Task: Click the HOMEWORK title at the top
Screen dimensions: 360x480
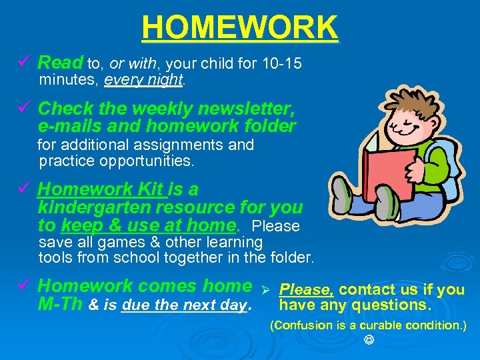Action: pos(240,28)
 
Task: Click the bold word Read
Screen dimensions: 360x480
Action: pos(60,63)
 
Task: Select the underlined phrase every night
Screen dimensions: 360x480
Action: pos(143,80)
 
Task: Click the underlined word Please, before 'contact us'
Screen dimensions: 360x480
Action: pos(307,289)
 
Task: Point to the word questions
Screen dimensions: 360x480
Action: pos(396,305)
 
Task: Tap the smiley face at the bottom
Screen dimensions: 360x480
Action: pos(368,341)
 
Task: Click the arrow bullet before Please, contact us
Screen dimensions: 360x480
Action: pos(264,291)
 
